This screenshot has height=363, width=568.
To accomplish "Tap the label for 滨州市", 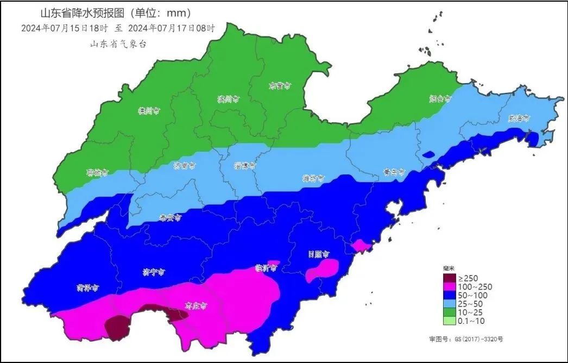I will click(x=228, y=99).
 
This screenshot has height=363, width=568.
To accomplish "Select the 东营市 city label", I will click(x=280, y=86).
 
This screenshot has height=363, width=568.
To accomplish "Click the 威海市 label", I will click(x=519, y=118).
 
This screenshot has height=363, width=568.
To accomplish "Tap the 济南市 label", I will click(x=185, y=165).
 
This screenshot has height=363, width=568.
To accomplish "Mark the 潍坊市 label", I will click(x=313, y=178).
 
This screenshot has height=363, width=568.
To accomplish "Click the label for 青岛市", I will click(x=394, y=172).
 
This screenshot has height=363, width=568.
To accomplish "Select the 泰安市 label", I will click(x=170, y=217).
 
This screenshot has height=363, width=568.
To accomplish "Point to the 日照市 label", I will click(x=318, y=254).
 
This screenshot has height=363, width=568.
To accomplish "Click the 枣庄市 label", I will click(x=196, y=306).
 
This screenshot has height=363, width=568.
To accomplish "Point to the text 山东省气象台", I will click(x=118, y=44).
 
